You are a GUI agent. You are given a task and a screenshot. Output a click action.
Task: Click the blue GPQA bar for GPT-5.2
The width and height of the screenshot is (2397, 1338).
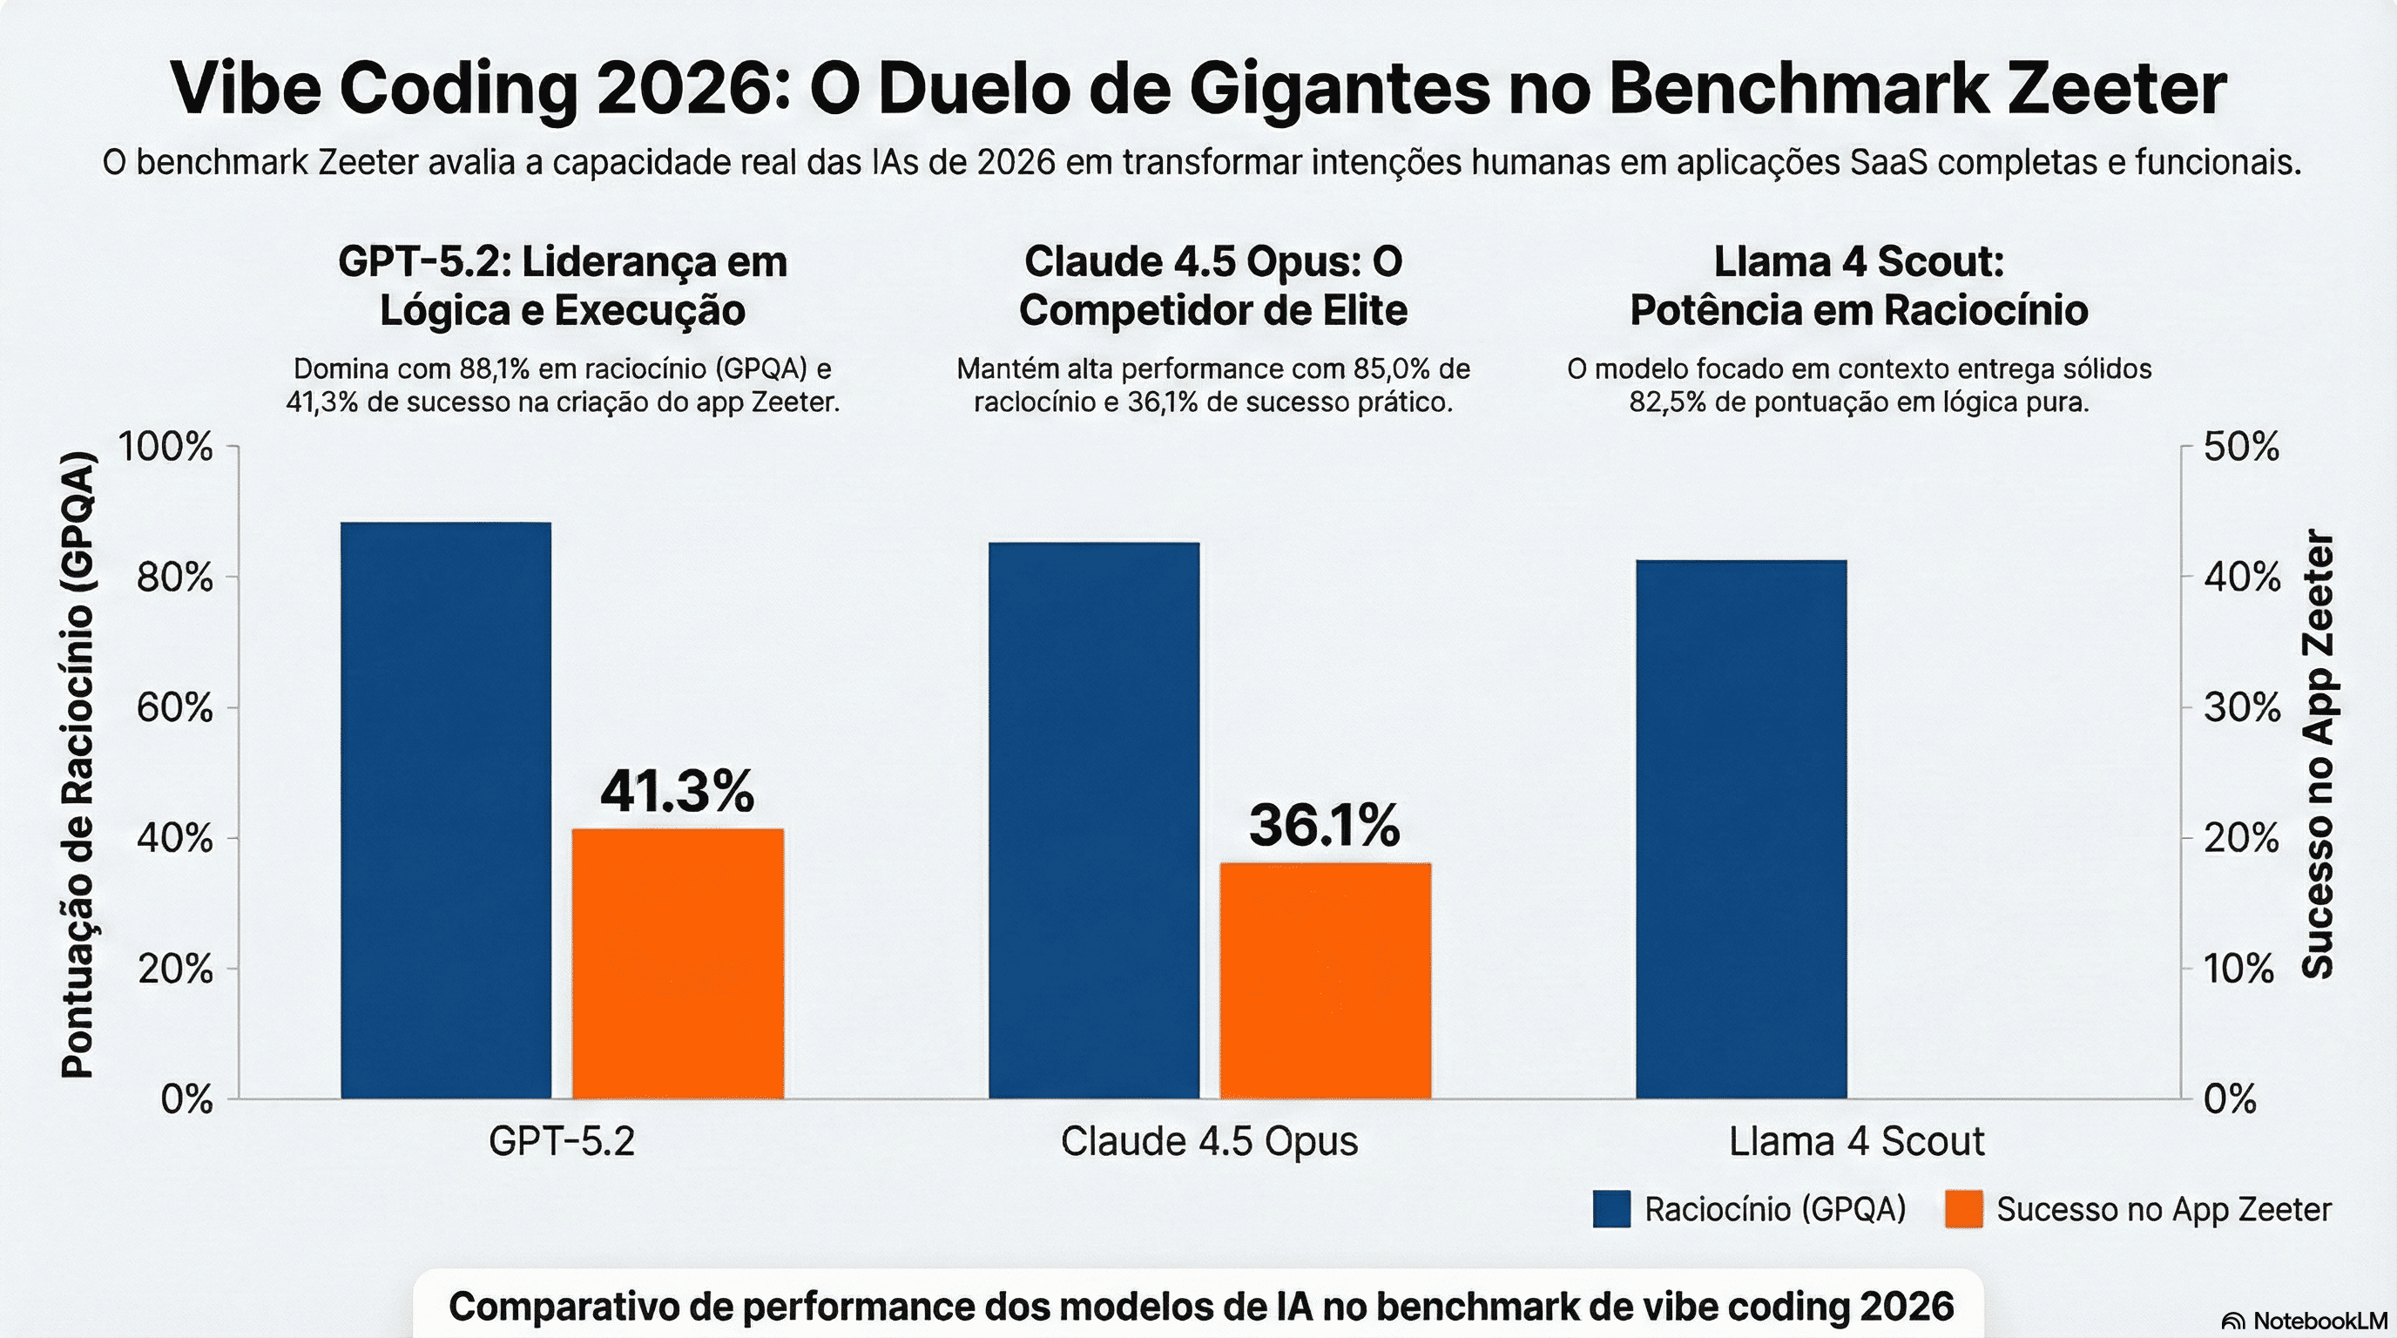coord(446,809)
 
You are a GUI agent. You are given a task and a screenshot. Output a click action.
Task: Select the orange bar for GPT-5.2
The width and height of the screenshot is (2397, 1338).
coord(678,963)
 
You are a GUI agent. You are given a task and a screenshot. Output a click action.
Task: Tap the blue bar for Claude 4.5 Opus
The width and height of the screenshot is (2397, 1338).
coord(1093,820)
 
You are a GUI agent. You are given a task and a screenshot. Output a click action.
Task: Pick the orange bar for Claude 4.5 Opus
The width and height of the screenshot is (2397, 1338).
coord(1325,981)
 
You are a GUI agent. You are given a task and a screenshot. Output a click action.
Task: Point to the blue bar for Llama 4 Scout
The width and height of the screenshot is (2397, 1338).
coord(1741,829)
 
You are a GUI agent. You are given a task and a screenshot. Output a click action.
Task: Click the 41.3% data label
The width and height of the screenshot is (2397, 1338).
coord(677,792)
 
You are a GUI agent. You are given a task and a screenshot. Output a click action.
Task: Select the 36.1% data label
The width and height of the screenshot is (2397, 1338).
coord(1323,825)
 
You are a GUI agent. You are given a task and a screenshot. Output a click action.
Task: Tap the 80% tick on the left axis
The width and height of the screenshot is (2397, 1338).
coord(174,578)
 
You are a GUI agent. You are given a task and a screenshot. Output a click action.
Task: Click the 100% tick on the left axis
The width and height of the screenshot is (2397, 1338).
coord(165,448)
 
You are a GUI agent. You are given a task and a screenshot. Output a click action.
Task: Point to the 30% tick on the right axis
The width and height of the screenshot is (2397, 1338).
coord(2242,709)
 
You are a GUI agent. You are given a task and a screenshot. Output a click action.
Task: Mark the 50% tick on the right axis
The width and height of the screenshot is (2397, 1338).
coord(2242,448)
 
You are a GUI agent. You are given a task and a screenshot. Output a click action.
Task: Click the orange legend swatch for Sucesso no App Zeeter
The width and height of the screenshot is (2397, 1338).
coord(1963,1209)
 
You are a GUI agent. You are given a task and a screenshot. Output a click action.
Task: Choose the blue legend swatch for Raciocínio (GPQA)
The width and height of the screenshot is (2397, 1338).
coord(1611,1209)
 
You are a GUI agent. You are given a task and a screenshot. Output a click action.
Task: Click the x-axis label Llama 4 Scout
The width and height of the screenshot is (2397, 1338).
coord(1856,1142)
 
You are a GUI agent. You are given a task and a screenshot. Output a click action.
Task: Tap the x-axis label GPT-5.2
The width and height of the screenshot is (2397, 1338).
coord(561,1142)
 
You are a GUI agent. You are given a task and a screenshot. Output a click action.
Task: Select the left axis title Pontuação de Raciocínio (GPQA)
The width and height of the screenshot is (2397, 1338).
coord(78,765)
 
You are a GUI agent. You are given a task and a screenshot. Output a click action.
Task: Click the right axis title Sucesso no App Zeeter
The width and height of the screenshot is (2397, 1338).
coord(2318,753)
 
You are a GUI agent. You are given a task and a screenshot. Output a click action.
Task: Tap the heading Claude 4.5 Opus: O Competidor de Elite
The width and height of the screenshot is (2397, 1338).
coord(1212,286)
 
